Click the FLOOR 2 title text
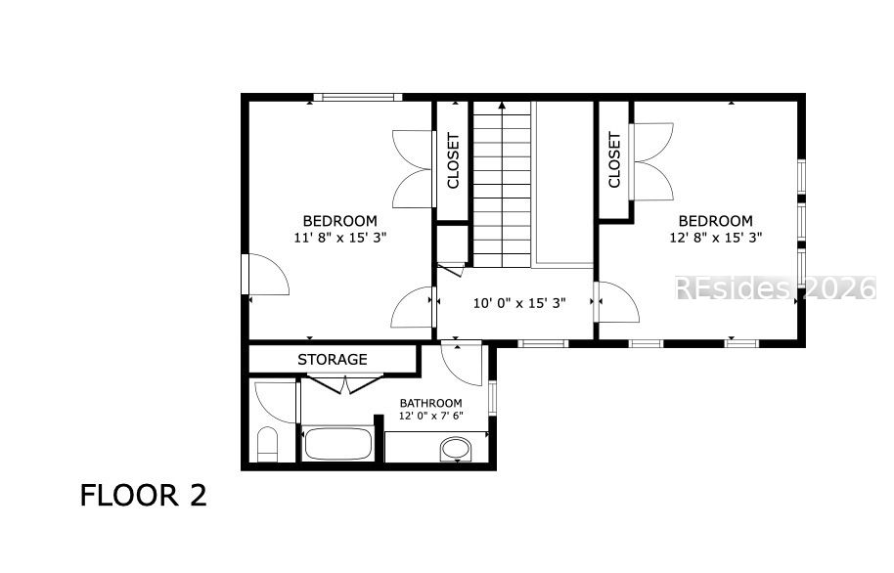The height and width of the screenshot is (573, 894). pos(143,495)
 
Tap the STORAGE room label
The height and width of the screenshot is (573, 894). pos(333,359)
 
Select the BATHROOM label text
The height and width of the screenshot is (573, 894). pos(431,403)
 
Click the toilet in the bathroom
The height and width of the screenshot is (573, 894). pos(267,444)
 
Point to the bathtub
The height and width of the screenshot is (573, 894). pos(337,444)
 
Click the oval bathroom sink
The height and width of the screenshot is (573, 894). pos(456,449)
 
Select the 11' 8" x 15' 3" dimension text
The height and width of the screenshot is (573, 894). pos(340,238)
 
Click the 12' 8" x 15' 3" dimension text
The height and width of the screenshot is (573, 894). pos(716,238)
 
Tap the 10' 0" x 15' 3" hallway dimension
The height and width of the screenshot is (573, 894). pos(519,303)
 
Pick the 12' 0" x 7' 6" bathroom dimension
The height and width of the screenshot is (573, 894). pos(431,416)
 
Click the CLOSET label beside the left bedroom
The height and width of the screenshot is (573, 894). pos(453,160)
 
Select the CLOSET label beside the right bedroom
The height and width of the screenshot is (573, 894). pos(614,160)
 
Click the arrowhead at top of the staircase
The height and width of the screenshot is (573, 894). pos(502,105)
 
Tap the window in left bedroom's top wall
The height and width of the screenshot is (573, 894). pos(358,98)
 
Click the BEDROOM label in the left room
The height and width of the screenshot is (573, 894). pos(339,221)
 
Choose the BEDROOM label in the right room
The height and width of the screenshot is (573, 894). pos(716,221)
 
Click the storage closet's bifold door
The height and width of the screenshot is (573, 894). pos(345,383)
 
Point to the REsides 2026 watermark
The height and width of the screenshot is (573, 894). pos(776,287)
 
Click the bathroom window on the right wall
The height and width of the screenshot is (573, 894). pos(493,397)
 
